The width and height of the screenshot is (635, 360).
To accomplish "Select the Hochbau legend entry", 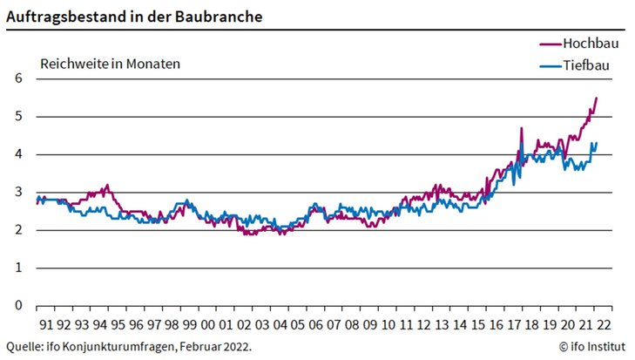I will [x=591, y=43].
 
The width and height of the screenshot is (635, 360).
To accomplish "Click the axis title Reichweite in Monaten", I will [x=110, y=64].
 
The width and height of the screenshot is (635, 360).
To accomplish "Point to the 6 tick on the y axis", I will [x=17, y=78].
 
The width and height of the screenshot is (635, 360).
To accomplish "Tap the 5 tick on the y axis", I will [x=17, y=117].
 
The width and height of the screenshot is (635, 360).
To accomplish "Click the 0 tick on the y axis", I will [x=17, y=306].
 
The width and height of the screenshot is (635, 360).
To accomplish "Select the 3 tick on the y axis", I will [x=17, y=193].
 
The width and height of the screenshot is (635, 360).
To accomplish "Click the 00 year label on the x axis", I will [x=208, y=324].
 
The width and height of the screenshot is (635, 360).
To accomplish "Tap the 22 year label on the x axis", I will [x=605, y=324].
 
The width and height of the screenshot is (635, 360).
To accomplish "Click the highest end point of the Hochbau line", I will [x=597, y=98].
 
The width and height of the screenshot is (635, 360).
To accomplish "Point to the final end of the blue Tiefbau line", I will [x=596, y=143].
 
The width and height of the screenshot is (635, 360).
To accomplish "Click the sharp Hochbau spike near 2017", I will [x=521, y=128].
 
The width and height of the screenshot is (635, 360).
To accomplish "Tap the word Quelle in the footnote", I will [x=24, y=346].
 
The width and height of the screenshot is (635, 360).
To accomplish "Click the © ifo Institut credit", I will [x=591, y=346].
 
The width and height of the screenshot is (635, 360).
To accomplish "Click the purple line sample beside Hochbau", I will [x=549, y=43].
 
